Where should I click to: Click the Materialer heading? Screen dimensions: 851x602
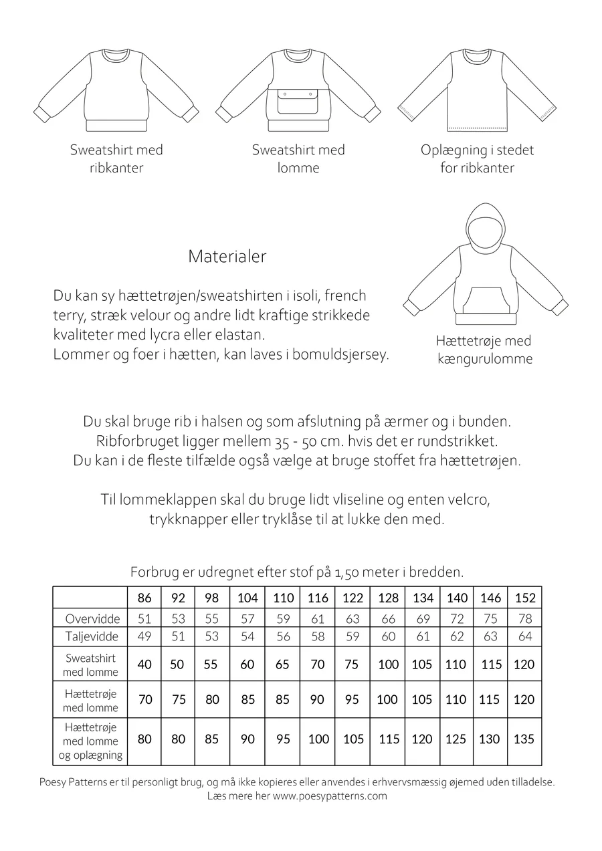click(227, 257)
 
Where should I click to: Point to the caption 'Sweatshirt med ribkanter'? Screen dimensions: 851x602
click(116, 158)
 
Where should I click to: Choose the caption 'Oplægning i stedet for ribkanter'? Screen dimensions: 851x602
click(477, 158)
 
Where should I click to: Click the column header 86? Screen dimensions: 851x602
click(144, 598)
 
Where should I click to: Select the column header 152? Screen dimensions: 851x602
click(524, 598)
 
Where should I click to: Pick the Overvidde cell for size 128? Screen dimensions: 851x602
click(388, 618)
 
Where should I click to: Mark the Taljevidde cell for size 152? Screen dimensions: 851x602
click(524, 636)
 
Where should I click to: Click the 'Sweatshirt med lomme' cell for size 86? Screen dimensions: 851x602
click(144, 664)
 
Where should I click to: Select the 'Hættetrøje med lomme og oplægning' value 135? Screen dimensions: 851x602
click(524, 739)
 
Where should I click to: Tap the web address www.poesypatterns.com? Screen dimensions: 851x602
click(330, 796)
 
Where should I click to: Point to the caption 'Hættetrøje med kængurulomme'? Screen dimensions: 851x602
click(484, 350)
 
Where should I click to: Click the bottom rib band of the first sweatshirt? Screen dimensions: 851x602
click(116, 126)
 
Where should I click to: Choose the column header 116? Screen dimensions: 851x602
click(318, 598)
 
